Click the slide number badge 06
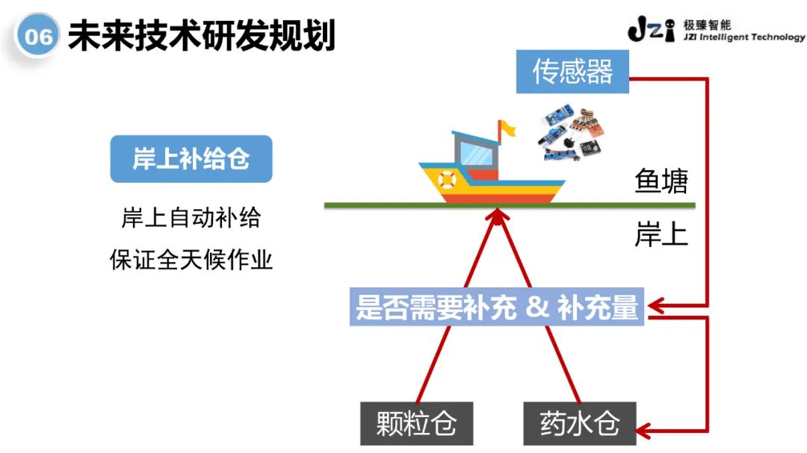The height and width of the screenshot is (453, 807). pyautogui.click(x=37, y=37)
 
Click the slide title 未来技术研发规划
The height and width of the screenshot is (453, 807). pyautogui.click(x=201, y=35)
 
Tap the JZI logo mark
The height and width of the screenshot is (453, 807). pyautogui.click(x=652, y=31)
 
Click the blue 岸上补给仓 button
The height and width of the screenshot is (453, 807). pyautogui.click(x=191, y=158)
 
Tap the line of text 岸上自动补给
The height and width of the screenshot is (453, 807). pyautogui.click(x=191, y=219)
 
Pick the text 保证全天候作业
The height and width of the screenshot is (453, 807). pyautogui.click(x=191, y=260)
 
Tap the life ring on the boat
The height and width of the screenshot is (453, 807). pyautogui.click(x=447, y=179)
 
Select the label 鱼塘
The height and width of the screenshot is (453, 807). pyautogui.click(x=661, y=181)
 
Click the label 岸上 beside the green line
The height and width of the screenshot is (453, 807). pyautogui.click(x=661, y=235)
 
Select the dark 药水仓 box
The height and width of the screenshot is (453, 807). pyautogui.click(x=580, y=423)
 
